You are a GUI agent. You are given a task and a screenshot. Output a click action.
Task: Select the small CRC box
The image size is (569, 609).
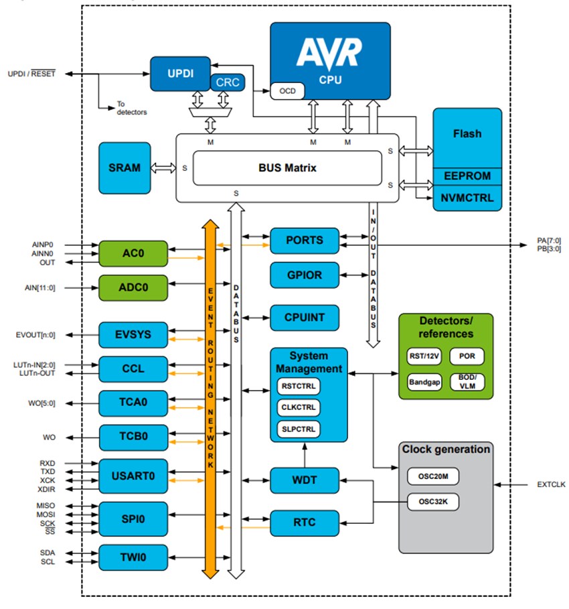click(228, 82)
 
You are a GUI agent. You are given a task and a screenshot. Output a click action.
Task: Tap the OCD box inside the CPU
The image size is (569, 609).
click(287, 91)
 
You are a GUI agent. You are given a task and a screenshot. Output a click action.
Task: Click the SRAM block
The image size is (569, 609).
click(125, 167)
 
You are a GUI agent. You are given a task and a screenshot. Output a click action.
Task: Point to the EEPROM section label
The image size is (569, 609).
click(467, 176)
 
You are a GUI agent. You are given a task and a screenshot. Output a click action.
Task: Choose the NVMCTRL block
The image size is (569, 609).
click(467, 198)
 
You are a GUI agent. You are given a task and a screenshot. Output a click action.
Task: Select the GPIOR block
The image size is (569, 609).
click(305, 275)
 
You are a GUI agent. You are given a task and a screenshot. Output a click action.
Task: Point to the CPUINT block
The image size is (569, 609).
click(305, 317)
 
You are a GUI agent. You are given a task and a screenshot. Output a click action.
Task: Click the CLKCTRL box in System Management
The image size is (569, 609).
click(298, 407)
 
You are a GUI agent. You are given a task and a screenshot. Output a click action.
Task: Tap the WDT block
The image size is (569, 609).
click(305, 480)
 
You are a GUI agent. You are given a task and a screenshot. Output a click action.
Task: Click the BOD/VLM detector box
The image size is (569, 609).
click(467, 381)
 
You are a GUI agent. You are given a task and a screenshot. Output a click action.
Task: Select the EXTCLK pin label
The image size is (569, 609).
click(550, 483)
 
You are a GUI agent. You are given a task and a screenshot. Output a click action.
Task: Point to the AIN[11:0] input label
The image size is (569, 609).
click(39, 287)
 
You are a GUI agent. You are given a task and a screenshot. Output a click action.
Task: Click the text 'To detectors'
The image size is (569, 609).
click(132, 108)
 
